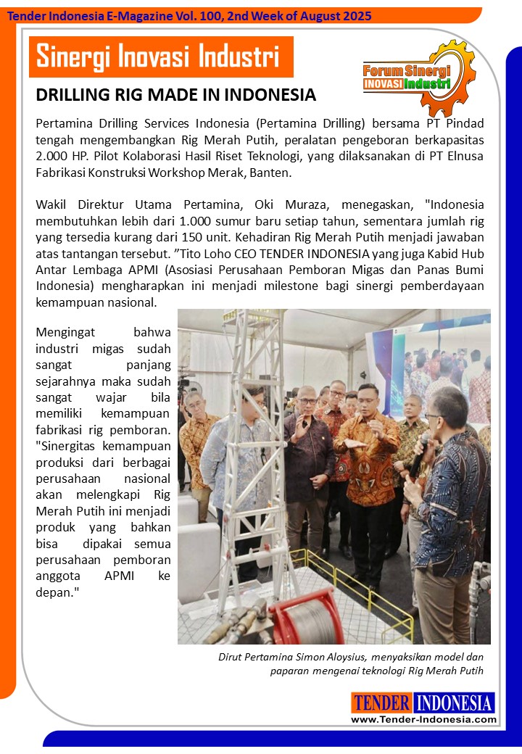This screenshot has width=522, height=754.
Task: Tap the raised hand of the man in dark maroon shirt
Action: [300, 439]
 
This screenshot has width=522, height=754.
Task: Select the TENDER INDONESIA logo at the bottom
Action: [423, 703]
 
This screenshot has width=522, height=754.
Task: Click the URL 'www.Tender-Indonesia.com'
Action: [423, 719]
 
